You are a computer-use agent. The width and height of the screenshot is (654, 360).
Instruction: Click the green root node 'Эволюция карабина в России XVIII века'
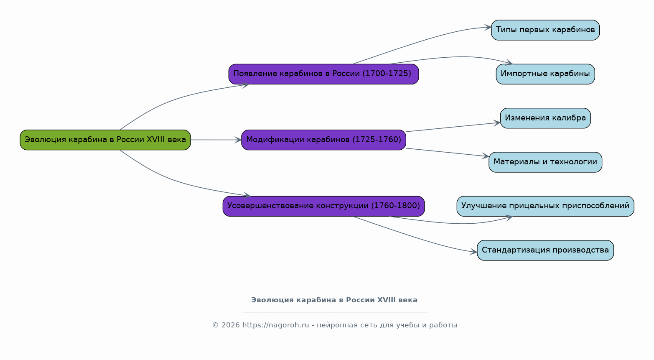point(105,140)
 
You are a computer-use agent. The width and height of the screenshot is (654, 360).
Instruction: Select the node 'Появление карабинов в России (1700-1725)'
point(323,74)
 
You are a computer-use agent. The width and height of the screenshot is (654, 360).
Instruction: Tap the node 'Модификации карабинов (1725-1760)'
point(323,140)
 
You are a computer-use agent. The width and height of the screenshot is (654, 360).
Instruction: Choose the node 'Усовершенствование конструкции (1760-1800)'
point(323,206)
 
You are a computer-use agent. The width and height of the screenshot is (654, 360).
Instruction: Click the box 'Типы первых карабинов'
point(545,30)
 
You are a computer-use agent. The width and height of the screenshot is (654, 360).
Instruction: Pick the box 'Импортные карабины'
point(545,74)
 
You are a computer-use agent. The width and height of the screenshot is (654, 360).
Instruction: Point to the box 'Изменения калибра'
point(545,118)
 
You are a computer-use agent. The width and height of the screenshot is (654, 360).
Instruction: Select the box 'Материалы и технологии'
point(545,162)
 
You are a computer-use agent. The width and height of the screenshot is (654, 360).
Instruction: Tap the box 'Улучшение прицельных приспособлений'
point(545,206)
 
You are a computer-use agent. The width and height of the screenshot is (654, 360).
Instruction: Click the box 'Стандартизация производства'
point(545,250)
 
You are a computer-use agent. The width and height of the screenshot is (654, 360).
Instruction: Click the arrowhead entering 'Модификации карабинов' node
point(238,140)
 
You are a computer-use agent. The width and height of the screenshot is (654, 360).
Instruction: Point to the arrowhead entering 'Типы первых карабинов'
point(488,28)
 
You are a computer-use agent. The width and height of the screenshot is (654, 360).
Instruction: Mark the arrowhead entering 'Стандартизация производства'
point(473,252)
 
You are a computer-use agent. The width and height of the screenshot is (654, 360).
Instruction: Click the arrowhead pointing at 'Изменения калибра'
point(497,123)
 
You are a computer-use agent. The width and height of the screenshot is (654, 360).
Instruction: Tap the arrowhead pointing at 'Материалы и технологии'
point(486,156)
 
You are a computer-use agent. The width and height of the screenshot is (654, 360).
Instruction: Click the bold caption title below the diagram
point(334,300)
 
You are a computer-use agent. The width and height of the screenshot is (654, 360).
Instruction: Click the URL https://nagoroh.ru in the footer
point(276,325)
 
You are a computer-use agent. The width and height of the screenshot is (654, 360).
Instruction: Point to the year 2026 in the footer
point(231,325)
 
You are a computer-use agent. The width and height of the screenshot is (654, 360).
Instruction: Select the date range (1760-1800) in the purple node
point(396,206)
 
